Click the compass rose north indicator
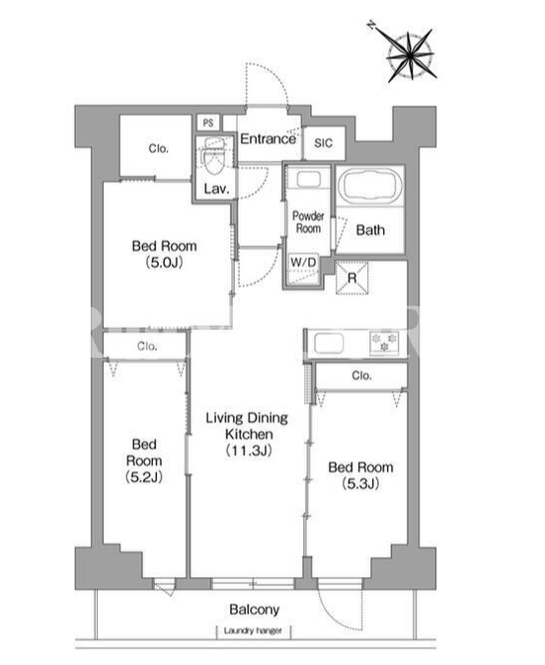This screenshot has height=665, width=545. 371,26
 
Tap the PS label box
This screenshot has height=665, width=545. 208,123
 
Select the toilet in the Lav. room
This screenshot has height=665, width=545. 214,156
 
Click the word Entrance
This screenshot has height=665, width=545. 268,139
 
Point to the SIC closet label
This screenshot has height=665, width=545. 324,143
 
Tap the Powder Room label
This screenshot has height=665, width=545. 308,222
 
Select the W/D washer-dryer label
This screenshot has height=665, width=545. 303,262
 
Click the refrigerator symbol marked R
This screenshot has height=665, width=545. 352,278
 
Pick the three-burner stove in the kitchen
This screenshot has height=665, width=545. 384,344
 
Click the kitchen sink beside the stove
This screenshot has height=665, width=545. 329,344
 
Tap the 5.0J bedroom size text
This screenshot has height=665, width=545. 165,263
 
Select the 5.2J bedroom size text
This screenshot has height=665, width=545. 144,477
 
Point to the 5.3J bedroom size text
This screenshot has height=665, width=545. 360,483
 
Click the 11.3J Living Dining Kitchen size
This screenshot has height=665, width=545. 249,451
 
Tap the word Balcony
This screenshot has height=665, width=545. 255,610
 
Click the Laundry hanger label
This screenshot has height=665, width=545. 253,630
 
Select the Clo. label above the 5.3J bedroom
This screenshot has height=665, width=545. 361,375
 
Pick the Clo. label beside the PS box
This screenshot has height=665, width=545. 159,148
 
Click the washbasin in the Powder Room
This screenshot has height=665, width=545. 308,180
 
